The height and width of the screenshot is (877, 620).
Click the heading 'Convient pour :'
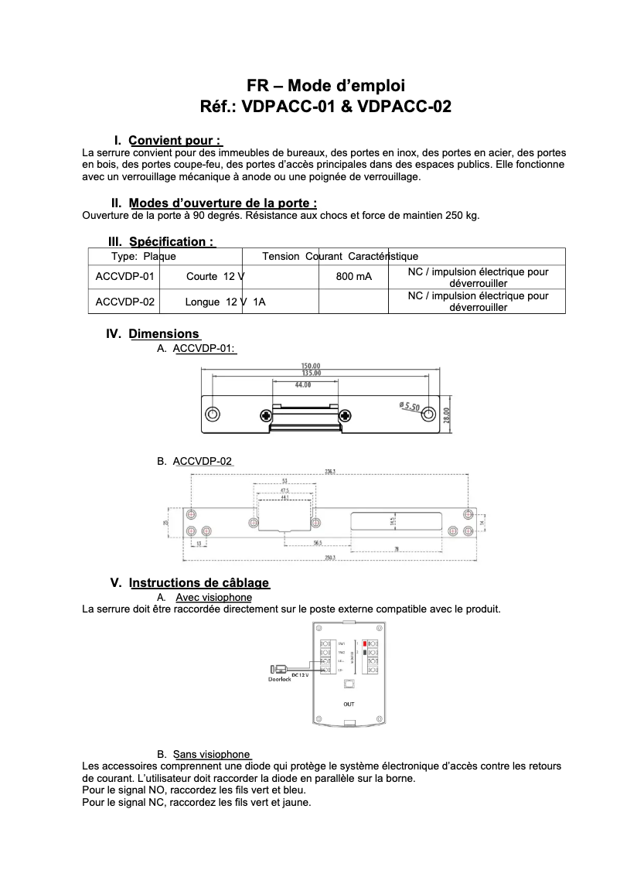[175, 141]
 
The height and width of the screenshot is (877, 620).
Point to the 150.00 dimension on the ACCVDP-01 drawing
[311, 366]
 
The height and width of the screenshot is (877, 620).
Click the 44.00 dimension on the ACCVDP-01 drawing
[303, 384]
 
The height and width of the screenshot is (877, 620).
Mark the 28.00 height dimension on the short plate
[446, 415]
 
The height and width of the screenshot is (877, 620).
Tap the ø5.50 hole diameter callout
[409, 406]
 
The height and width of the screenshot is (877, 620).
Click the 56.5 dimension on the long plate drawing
[317, 543]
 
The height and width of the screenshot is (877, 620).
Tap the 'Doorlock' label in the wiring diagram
[280, 680]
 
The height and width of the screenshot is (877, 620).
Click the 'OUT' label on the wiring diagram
[349, 704]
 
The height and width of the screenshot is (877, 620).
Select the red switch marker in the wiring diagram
[363, 643]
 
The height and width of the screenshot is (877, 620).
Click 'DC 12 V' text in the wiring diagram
[300, 674]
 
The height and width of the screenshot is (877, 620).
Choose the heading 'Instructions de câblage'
[199, 583]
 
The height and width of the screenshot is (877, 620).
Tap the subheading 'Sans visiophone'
[211, 754]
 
